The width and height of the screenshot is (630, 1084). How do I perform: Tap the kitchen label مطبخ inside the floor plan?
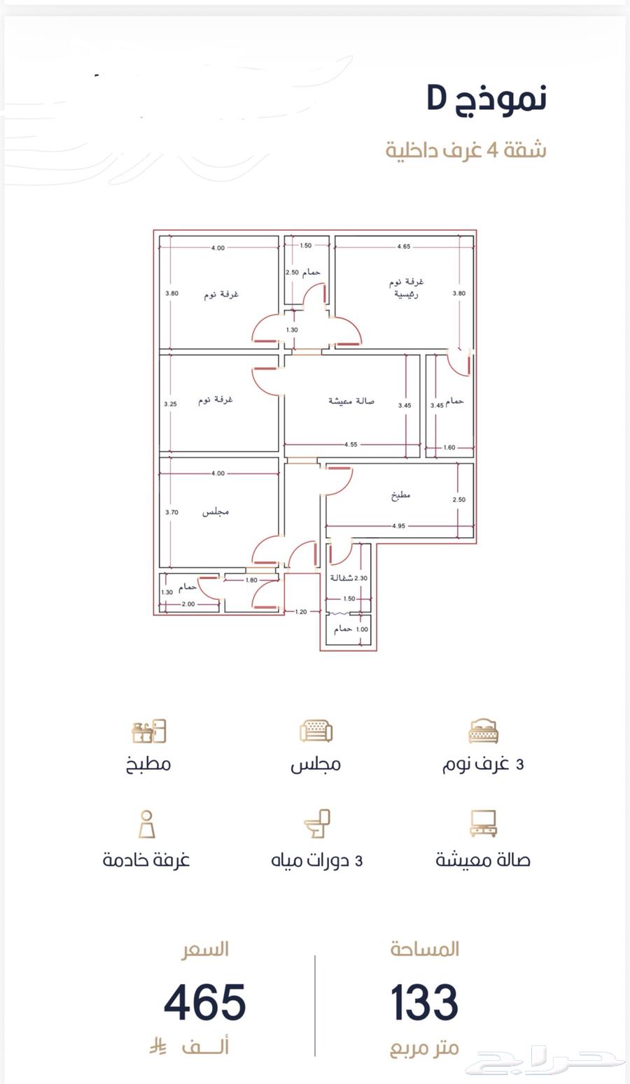point(400,496)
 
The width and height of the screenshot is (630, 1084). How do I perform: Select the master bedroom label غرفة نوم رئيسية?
point(406,288)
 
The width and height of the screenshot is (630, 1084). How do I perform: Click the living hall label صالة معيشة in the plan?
point(351,401)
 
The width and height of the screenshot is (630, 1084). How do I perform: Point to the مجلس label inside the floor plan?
point(215,512)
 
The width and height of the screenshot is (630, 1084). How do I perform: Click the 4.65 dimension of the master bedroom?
point(403,246)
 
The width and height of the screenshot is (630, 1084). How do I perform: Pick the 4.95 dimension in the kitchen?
point(398,525)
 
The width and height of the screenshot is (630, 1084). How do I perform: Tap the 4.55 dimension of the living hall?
point(351,444)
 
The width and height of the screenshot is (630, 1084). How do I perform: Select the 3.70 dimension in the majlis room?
point(171,512)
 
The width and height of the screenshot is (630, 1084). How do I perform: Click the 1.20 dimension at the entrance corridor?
point(301,612)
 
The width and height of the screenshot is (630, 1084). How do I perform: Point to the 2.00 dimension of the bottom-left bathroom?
point(188,604)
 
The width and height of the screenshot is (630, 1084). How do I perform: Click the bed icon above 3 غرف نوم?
point(483,731)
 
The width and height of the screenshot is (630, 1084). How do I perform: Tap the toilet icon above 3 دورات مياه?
point(317,823)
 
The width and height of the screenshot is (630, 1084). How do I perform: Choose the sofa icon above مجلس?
point(316,731)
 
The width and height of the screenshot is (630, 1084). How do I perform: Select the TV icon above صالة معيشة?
point(483,824)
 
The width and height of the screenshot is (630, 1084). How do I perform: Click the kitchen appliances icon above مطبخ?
point(148,731)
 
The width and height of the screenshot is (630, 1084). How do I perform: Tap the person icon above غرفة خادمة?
point(147,824)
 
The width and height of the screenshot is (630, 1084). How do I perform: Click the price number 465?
point(205,1002)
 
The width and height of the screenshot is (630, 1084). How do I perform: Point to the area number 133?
point(424,1002)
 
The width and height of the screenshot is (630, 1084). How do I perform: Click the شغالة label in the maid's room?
point(342,578)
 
